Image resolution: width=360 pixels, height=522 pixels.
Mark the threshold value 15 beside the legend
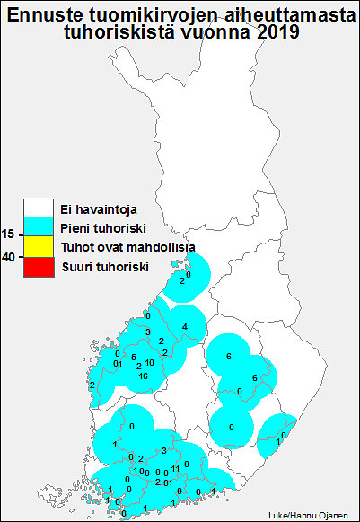click(8, 234)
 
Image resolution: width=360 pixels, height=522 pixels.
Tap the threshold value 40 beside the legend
click(8, 257)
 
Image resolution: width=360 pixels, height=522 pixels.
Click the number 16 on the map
click(144, 376)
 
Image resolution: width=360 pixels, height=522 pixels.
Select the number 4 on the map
click(184, 325)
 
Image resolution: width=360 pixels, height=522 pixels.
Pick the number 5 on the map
click(134, 357)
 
